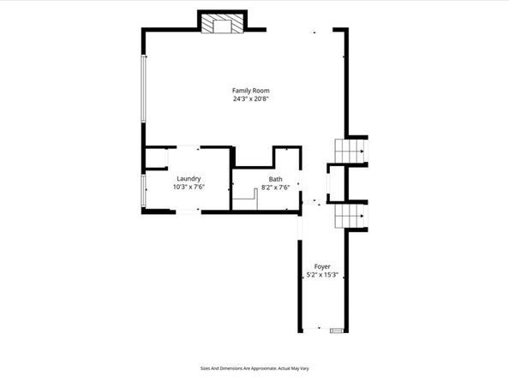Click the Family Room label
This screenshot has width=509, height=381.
(x=244, y=90)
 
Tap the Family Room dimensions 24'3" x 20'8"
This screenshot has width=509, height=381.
(x=244, y=98)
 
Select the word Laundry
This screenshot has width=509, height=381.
(x=189, y=178)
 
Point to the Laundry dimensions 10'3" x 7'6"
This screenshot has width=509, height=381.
(x=189, y=187)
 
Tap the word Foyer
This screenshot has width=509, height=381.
(x=322, y=266)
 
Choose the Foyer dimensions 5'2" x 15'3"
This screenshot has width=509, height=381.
(x=322, y=275)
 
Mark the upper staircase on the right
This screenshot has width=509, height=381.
(x=349, y=152)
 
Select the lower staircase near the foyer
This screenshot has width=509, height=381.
(x=349, y=217)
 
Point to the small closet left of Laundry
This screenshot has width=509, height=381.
(x=154, y=158)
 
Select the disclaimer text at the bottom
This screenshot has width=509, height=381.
(x=254, y=368)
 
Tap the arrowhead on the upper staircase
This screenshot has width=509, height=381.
(x=365, y=152)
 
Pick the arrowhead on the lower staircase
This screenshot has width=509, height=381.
(x=365, y=217)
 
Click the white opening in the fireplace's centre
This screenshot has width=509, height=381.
(x=223, y=26)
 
